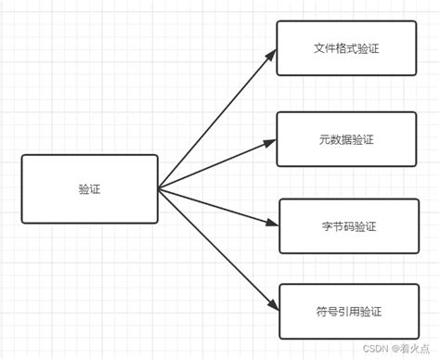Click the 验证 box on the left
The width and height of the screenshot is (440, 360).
click(89, 189)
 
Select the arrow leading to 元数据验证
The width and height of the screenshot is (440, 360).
click(217, 165)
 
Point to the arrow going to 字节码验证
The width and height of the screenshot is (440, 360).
click(218, 207)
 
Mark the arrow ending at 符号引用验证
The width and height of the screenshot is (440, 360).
click(218, 250)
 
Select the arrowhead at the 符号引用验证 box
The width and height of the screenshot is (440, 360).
click(272, 306)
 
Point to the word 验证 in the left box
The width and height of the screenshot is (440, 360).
click(89, 189)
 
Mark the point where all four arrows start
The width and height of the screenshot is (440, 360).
click(159, 189)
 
